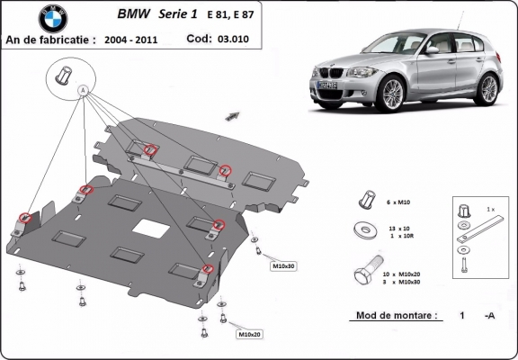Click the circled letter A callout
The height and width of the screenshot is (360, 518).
tap(83, 90)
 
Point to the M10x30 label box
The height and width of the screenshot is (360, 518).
tap(284, 266)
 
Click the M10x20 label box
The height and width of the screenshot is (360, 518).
tap(250, 335)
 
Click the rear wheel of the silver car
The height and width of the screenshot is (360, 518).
tap(487, 88)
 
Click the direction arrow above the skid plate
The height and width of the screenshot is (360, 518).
tap(236, 114)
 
